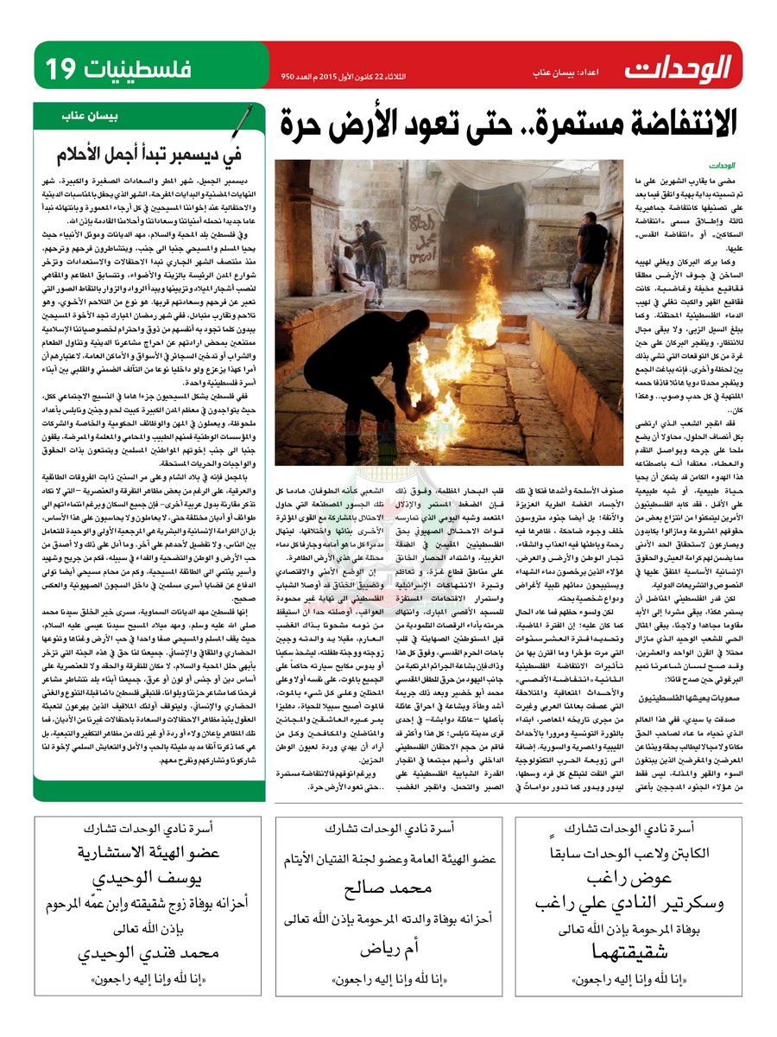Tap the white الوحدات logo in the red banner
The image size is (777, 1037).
pos(679,66)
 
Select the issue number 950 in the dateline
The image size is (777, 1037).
pos(288,76)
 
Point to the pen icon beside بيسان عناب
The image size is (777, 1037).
pos(245,115)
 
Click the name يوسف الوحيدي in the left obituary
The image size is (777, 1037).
pos(138,878)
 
